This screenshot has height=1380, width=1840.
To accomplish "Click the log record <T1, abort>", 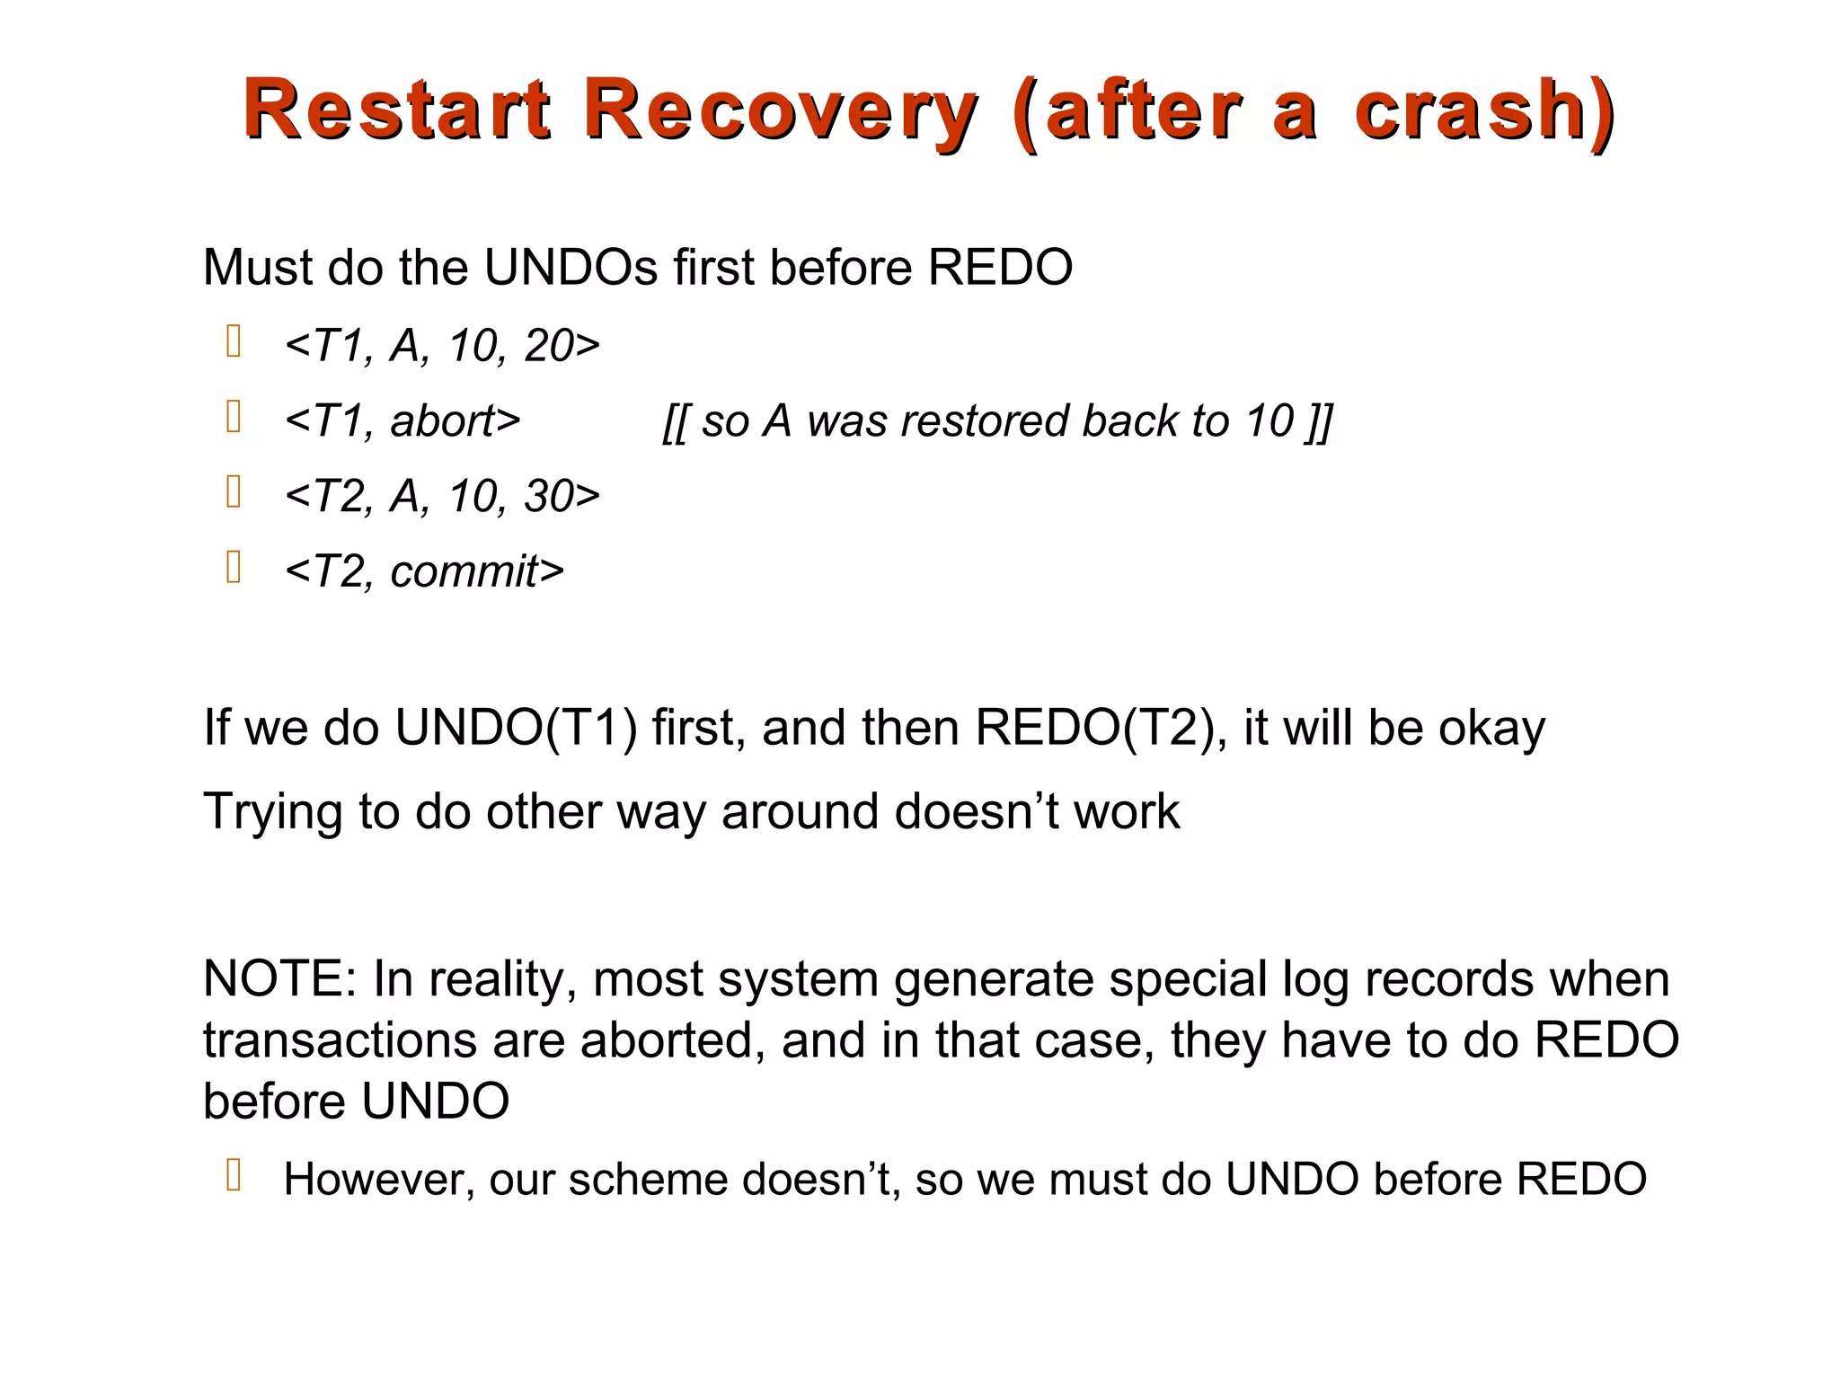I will tap(402, 420).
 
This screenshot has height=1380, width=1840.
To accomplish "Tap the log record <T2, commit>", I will tap(424, 571).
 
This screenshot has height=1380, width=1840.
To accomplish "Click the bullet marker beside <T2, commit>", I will tap(234, 567).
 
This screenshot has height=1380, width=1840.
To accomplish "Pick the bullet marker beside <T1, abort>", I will tap(234, 417).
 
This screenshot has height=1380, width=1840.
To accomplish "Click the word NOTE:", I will tap(280, 978).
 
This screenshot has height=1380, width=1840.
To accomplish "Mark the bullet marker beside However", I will tap(234, 1175).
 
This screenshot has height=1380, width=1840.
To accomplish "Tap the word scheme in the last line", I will tap(647, 1180).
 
